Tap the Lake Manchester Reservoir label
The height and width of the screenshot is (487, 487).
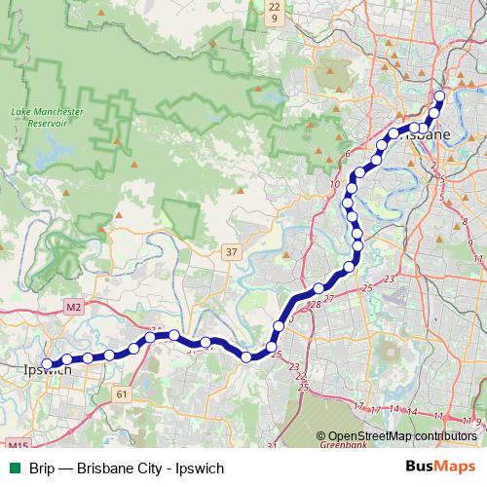pos(47,118)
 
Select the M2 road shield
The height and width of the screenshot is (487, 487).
pos(73,308)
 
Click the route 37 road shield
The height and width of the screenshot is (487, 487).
pos(231,252)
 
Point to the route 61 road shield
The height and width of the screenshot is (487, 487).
pos(122,393)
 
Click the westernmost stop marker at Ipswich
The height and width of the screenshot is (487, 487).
pos(47,364)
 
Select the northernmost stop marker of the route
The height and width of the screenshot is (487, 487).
pos(439,95)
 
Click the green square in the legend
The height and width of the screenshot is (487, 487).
pos(13,467)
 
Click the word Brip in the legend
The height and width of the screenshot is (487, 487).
pos(43,468)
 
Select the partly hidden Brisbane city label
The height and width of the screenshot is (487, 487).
pos(429,135)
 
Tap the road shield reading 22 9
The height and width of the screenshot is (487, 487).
pos(275,12)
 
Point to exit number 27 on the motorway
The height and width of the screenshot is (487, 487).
pos(329,298)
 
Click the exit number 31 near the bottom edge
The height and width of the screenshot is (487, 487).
pos(272,447)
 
